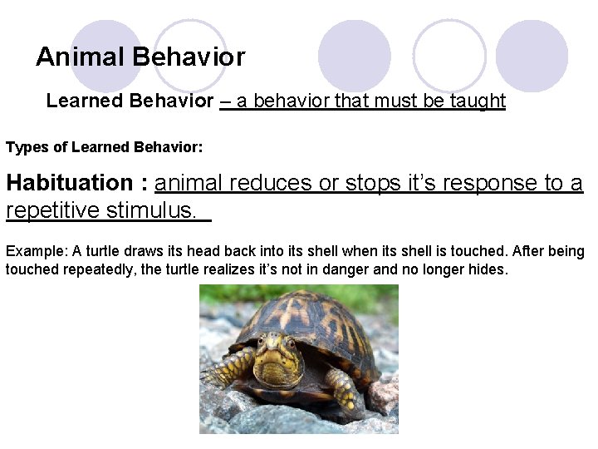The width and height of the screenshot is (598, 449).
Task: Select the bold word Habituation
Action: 69,183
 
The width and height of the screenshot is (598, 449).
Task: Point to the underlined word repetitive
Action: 52,210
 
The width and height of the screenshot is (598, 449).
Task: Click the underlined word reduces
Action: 271,183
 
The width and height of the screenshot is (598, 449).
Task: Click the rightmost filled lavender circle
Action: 532,56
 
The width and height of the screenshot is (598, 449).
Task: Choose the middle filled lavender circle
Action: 355,56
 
